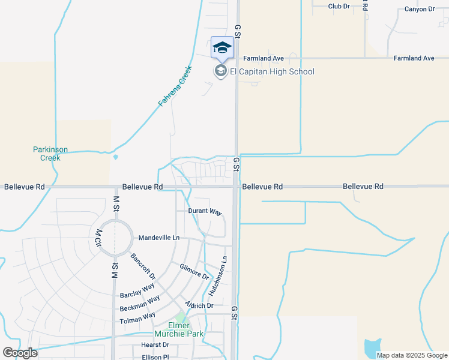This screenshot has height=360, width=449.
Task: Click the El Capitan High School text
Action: coord(272,72)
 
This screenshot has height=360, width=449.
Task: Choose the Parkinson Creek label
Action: coord(50,154)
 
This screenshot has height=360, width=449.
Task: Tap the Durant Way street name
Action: coord(205,212)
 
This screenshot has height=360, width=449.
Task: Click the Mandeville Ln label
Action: coord(158,238)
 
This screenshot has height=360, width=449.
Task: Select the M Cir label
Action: coord(97,236)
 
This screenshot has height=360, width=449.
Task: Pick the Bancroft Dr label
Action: coord(143,267)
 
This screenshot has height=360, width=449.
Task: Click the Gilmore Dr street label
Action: coord(194,272)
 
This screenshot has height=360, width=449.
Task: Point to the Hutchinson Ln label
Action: coord(218,277)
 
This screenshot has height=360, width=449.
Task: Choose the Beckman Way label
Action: coord(140,304)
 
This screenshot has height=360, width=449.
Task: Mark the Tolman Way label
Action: coord(137,317)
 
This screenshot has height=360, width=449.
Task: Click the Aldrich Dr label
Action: coord(199,305)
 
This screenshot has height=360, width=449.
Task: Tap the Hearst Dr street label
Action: coord(155,345)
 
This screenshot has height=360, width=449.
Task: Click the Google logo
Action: coord(20,353)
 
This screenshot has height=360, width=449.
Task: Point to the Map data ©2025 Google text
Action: coord(412,355)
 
